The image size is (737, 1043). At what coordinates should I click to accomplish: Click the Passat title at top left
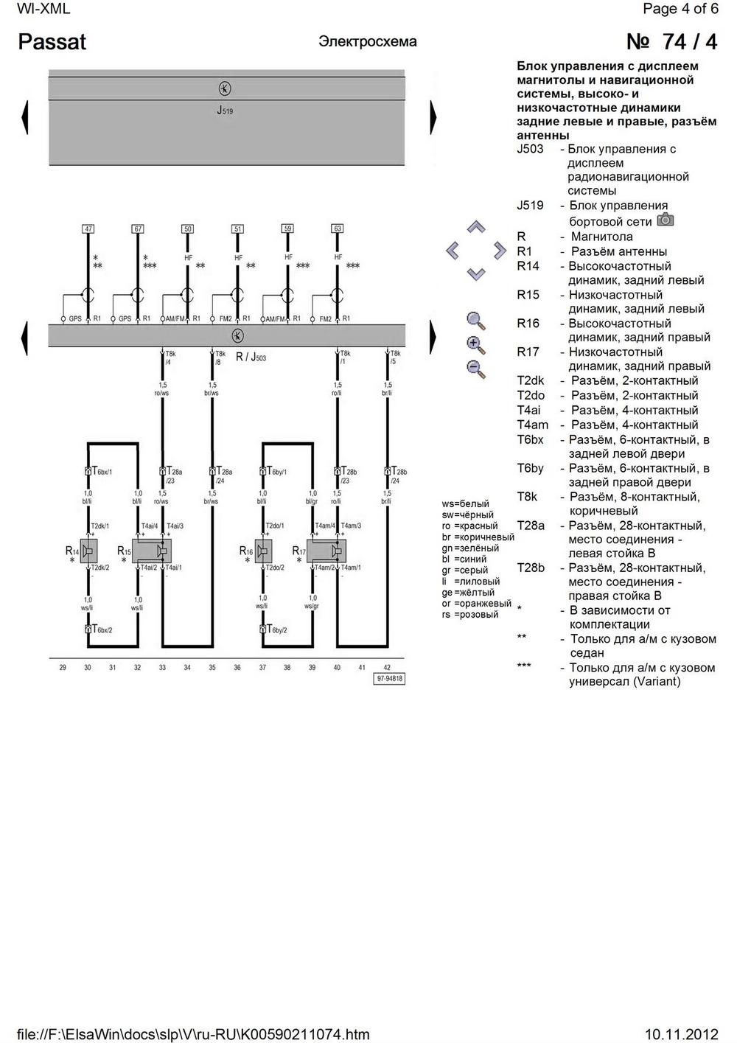pyautogui.click(x=52, y=42)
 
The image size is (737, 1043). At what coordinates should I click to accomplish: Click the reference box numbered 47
pyautogui.click(x=88, y=229)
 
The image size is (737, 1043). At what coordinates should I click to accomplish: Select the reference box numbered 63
pyautogui.click(x=338, y=229)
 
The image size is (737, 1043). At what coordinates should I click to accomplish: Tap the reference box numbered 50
pyautogui.click(x=188, y=229)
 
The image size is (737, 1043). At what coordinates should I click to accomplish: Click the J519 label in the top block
pyautogui.click(x=225, y=111)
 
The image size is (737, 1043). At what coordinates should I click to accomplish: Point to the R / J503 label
pyautogui.click(x=251, y=357)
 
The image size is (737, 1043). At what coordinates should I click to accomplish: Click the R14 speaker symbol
pyautogui.click(x=88, y=551)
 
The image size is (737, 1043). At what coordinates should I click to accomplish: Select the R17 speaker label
pyautogui.click(x=298, y=551)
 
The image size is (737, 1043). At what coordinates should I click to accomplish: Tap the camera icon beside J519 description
pyautogui.click(x=666, y=220)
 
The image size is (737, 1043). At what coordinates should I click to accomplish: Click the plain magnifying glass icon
pyautogui.click(x=476, y=321)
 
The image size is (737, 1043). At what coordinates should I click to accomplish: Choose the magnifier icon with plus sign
pyautogui.click(x=476, y=344)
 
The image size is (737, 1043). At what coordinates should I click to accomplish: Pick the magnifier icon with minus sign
pyautogui.click(x=476, y=369)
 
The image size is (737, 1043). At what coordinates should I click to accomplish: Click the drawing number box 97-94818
pyautogui.click(x=390, y=679)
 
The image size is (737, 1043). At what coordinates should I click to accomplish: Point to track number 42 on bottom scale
pyautogui.click(x=387, y=668)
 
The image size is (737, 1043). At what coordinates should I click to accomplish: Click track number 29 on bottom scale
pyautogui.click(x=63, y=668)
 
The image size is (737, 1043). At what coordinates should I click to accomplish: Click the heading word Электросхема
pyautogui.click(x=368, y=42)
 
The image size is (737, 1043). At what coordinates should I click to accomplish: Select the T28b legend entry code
pyautogui.click(x=531, y=568)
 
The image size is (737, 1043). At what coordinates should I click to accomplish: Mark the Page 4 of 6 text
pyautogui.click(x=680, y=9)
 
